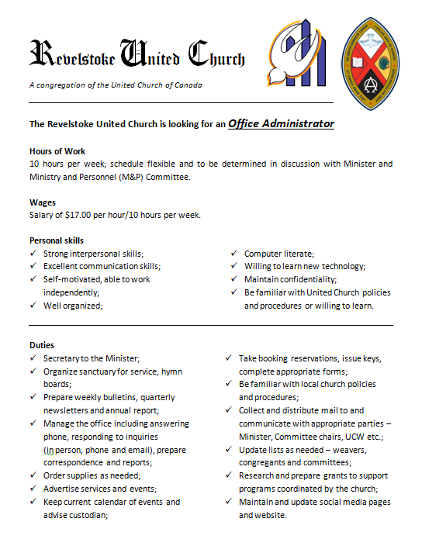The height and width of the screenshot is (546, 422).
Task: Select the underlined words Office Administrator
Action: tap(281, 123)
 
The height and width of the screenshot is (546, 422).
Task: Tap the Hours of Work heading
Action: tap(57, 151)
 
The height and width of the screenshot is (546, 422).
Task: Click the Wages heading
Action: tap(43, 202)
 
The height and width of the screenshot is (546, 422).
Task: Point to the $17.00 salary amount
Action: tap(80, 215)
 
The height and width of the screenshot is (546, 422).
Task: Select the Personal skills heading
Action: tap(57, 240)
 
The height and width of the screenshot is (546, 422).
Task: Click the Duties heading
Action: tap(42, 345)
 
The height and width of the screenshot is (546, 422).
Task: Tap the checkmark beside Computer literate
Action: tap(234, 254)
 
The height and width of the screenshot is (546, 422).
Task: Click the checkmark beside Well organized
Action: tap(33, 305)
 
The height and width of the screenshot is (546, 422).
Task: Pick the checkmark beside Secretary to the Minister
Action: tap(33, 358)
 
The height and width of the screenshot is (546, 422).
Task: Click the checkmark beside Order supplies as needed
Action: tap(33, 475)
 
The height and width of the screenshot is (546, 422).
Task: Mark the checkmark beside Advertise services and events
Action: tap(33, 489)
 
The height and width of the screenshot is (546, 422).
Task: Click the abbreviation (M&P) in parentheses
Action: tap(132, 177)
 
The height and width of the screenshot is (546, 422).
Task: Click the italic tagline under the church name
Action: tap(115, 85)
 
